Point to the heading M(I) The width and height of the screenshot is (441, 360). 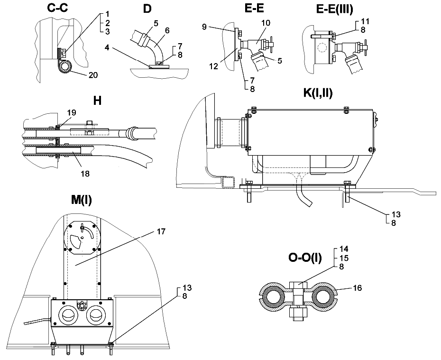pyautogui.click(x=81, y=200)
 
